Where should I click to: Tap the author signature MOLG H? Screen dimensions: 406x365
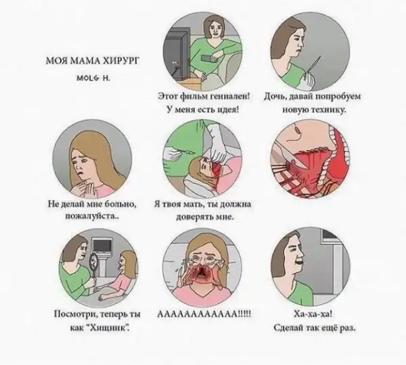pyautogui.click(x=93, y=78)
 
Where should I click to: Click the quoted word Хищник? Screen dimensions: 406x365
pyautogui.click(x=106, y=328)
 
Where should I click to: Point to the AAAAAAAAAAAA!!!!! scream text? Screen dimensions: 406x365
pyautogui.click(x=204, y=314)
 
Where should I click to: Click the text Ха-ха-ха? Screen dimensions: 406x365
pyautogui.click(x=313, y=314)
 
